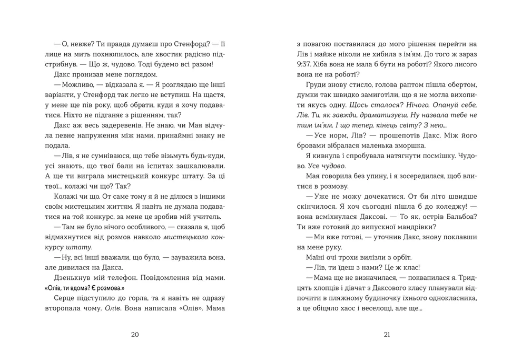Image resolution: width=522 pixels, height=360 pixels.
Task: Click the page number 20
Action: (134, 334)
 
